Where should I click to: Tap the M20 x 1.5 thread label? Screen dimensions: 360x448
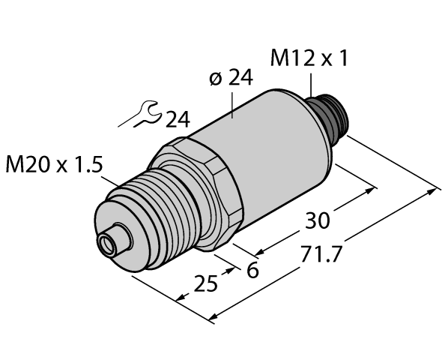click(x=52, y=166)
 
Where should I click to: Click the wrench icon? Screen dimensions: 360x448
click(x=142, y=115)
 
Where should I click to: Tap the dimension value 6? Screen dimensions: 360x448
click(x=252, y=270)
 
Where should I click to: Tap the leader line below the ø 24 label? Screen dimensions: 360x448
click(x=233, y=105)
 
